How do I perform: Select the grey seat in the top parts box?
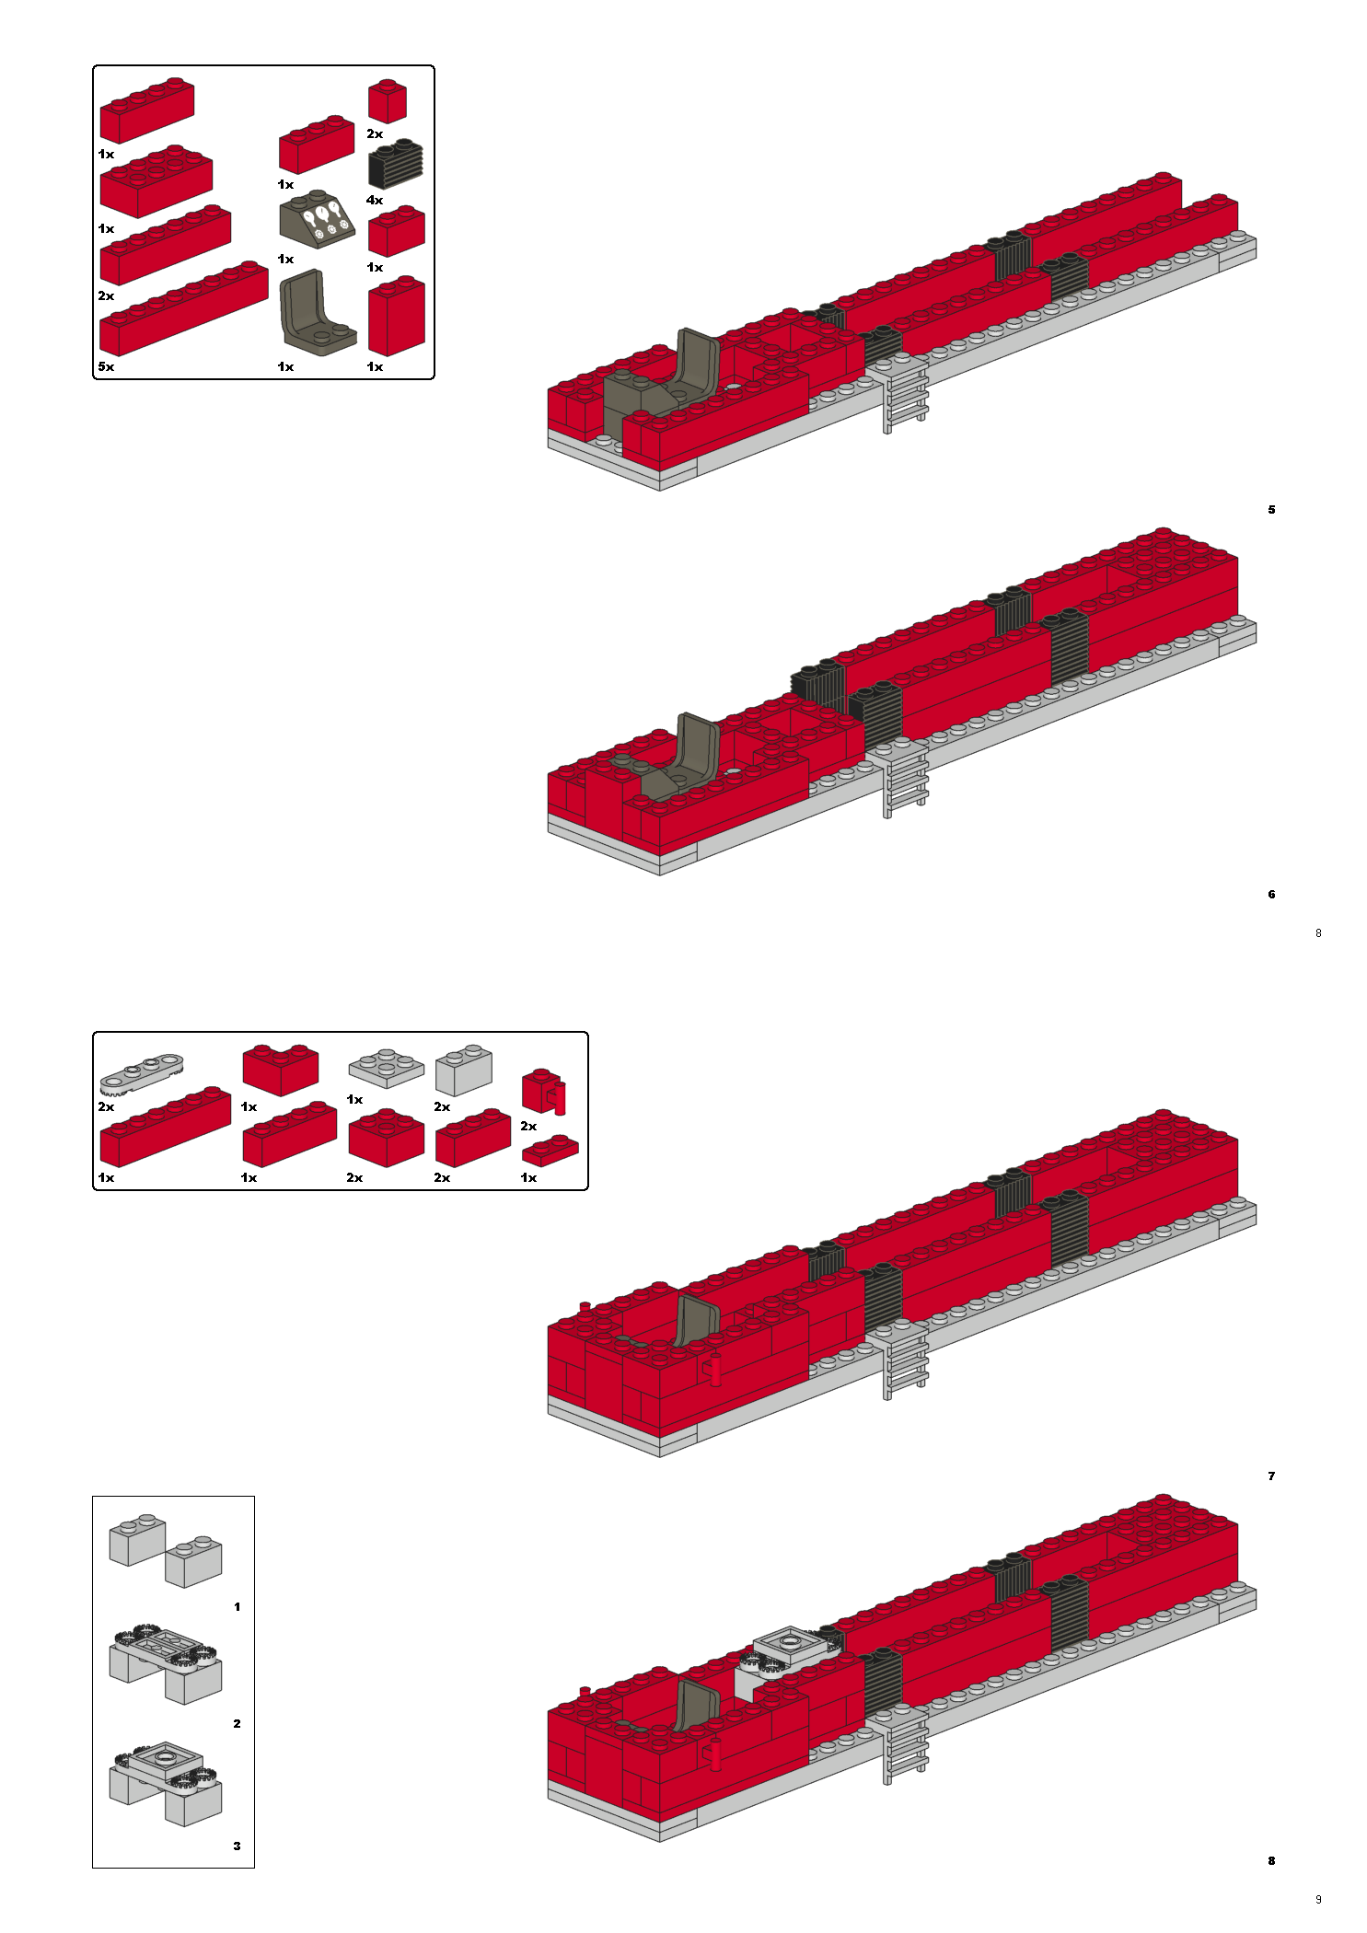[x=316, y=311]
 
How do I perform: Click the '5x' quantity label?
[x=106, y=366]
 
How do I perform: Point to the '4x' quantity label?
[x=375, y=200]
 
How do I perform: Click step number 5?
[x=1271, y=509]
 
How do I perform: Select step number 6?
[x=1271, y=894]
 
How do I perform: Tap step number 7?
[x=1271, y=1476]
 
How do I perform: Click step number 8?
[x=1271, y=1860]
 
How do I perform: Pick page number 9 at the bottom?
[x=1318, y=1899]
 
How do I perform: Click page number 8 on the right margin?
[x=1318, y=932]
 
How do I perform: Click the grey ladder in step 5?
[x=904, y=393]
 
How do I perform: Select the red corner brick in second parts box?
[x=280, y=1071]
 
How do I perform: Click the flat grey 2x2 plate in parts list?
[x=386, y=1068]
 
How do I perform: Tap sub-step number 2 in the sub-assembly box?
[x=237, y=1723]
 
